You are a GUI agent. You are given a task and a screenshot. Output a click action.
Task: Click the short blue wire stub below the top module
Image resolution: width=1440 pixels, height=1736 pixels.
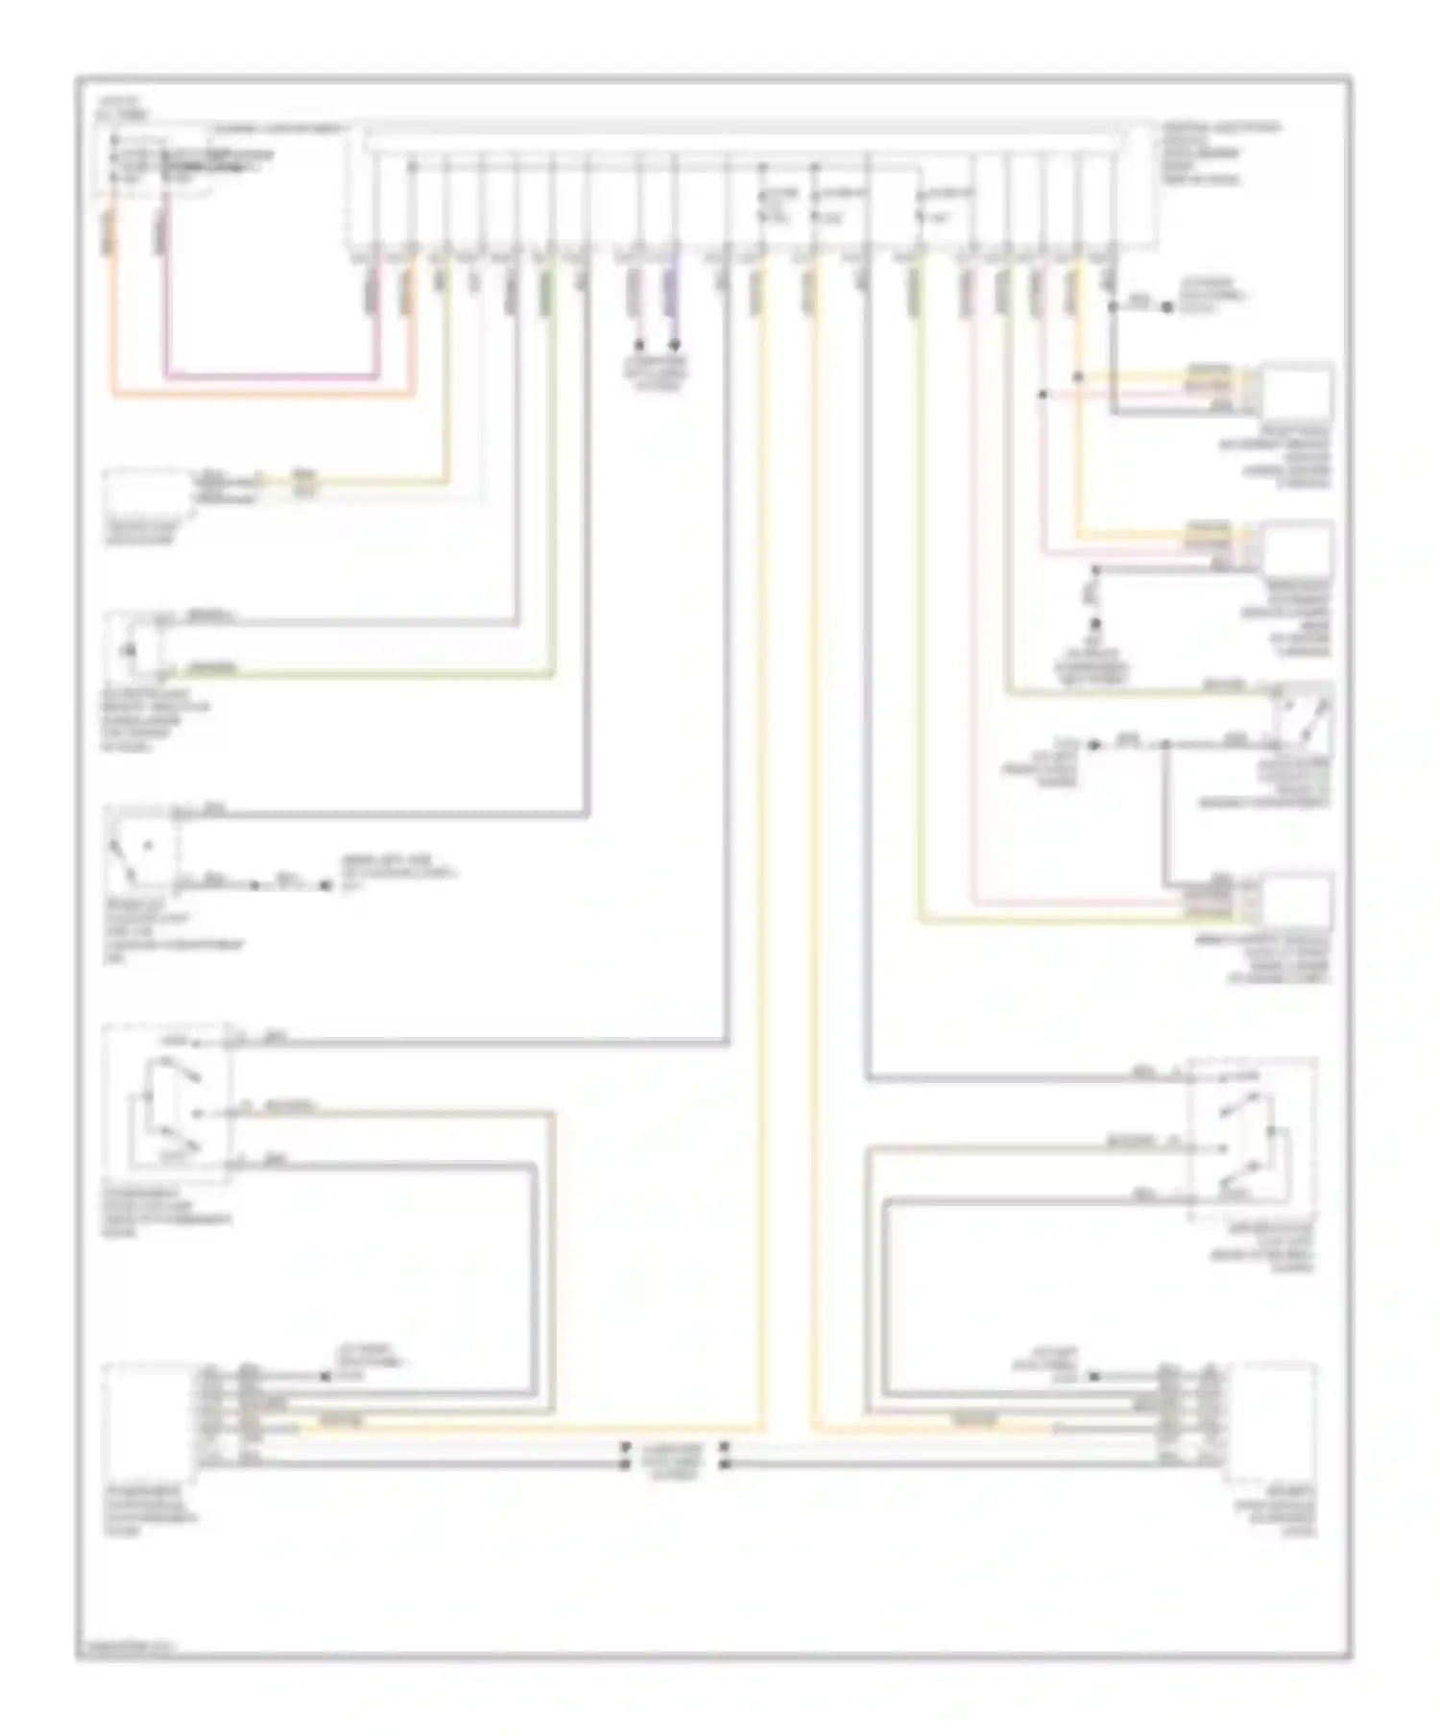click(x=674, y=288)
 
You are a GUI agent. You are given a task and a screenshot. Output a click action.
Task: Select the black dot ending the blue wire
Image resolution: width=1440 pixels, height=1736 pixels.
click(x=674, y=344)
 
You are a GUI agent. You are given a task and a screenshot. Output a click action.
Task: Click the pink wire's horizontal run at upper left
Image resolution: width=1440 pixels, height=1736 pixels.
click(x=269, y=377)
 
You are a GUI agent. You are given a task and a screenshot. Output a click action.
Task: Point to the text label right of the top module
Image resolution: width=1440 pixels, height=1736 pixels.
click(x=1219, y=154)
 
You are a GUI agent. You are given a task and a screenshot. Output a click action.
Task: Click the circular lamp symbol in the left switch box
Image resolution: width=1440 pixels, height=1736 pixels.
click(x=129, y=650)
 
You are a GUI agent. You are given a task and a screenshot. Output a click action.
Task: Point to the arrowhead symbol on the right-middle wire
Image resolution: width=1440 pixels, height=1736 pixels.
click(x=1094, y=744)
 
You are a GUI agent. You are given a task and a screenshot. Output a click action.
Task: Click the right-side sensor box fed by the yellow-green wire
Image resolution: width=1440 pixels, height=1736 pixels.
click(x=1296, y=903)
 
